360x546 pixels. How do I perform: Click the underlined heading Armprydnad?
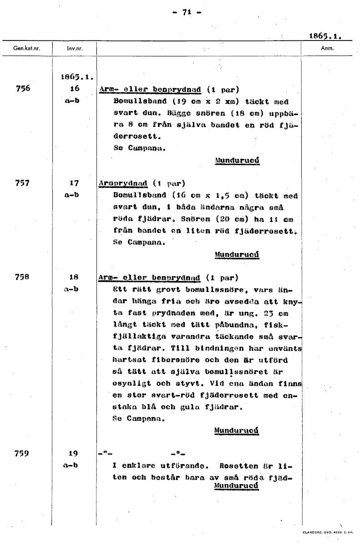pyautogui.click(x=123, y=184)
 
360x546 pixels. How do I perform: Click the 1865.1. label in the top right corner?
pyautogui.click(x=325, y=35)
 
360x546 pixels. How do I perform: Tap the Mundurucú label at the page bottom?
pyautogui.click(x=236, y=485)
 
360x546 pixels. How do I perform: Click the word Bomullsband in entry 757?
pyautogui.click(x=135, y=196)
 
